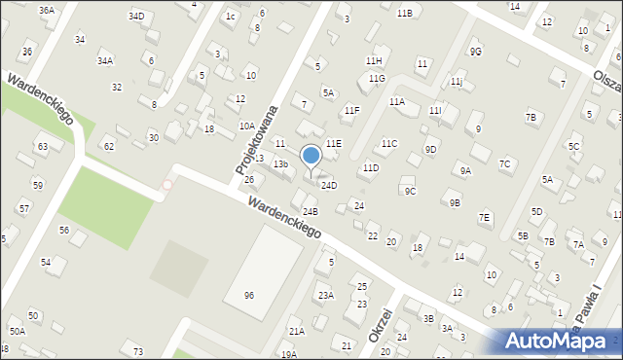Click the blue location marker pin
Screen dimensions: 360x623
coord(311,156)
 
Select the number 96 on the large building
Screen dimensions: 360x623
coord(249,294)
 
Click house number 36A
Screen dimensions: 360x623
coord(46,10)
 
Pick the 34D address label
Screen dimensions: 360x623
coord(136,17)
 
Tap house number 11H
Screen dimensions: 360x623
coord(374,61)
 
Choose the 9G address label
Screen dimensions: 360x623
coord(475,51)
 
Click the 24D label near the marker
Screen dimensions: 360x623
coord(329,185)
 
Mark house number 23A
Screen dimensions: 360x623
coord(326,295)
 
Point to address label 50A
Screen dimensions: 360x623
coord(18,332)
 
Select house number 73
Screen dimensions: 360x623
coord(138,350)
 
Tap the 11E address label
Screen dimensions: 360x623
coord(334,143)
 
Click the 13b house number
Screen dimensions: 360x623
coord(280,164)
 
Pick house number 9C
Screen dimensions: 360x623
coord(410,191)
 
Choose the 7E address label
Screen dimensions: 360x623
coord(485,217)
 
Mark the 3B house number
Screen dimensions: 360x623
coord(427,318)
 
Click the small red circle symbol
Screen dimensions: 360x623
coord(167,184)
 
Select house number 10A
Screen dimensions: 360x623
coord(247,126)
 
